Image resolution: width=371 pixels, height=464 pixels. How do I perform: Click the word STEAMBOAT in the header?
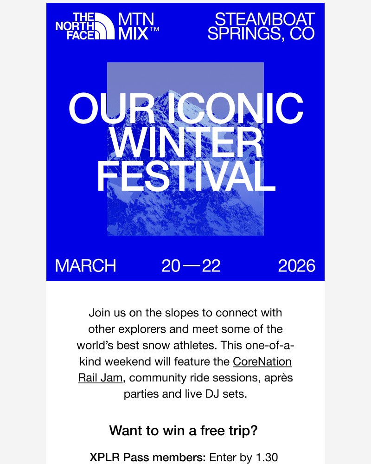pyautogui.click(x=265, y=19)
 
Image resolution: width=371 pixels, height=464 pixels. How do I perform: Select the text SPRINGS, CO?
pyautogui.click(x=261, y=34)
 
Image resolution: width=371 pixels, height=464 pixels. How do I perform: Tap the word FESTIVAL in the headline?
pyautogui.click(x=185, y=177)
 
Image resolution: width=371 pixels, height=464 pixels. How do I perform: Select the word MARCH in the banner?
pyautogui.click(x=85, y=266)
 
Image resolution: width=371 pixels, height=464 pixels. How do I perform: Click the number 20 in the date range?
pyautogui.click(x=171, y=266)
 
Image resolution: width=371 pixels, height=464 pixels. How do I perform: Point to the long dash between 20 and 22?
pyautogui.click(x=191, y=266)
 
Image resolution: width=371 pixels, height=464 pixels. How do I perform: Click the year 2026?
pyautogui.click(x=296, y=266)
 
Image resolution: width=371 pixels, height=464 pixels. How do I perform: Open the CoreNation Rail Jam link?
pyautogui.click(x=262, y=361)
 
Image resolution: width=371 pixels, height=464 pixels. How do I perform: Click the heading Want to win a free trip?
pyautogui.click(x=184, y=430)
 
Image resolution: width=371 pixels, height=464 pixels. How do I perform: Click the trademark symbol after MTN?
pyautogui.click(x=155, y=29)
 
